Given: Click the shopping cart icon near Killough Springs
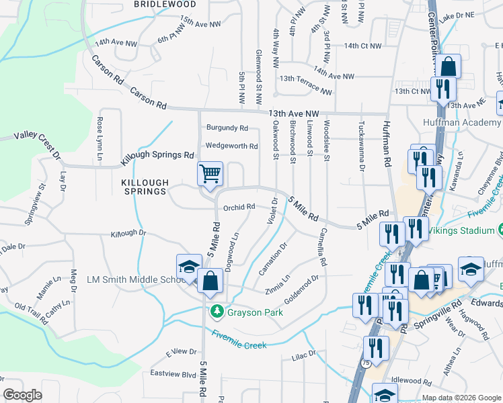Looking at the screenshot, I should click(210, 174).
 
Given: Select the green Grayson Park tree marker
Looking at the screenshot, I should click(217, 312).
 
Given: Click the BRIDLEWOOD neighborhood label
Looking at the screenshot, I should click(165, 4).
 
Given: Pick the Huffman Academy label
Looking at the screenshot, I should click(462, 123).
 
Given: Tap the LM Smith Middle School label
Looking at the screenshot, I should click(133, 279).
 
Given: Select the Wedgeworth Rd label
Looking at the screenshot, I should click(231, 146).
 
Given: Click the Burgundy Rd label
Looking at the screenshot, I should click(227, 128).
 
